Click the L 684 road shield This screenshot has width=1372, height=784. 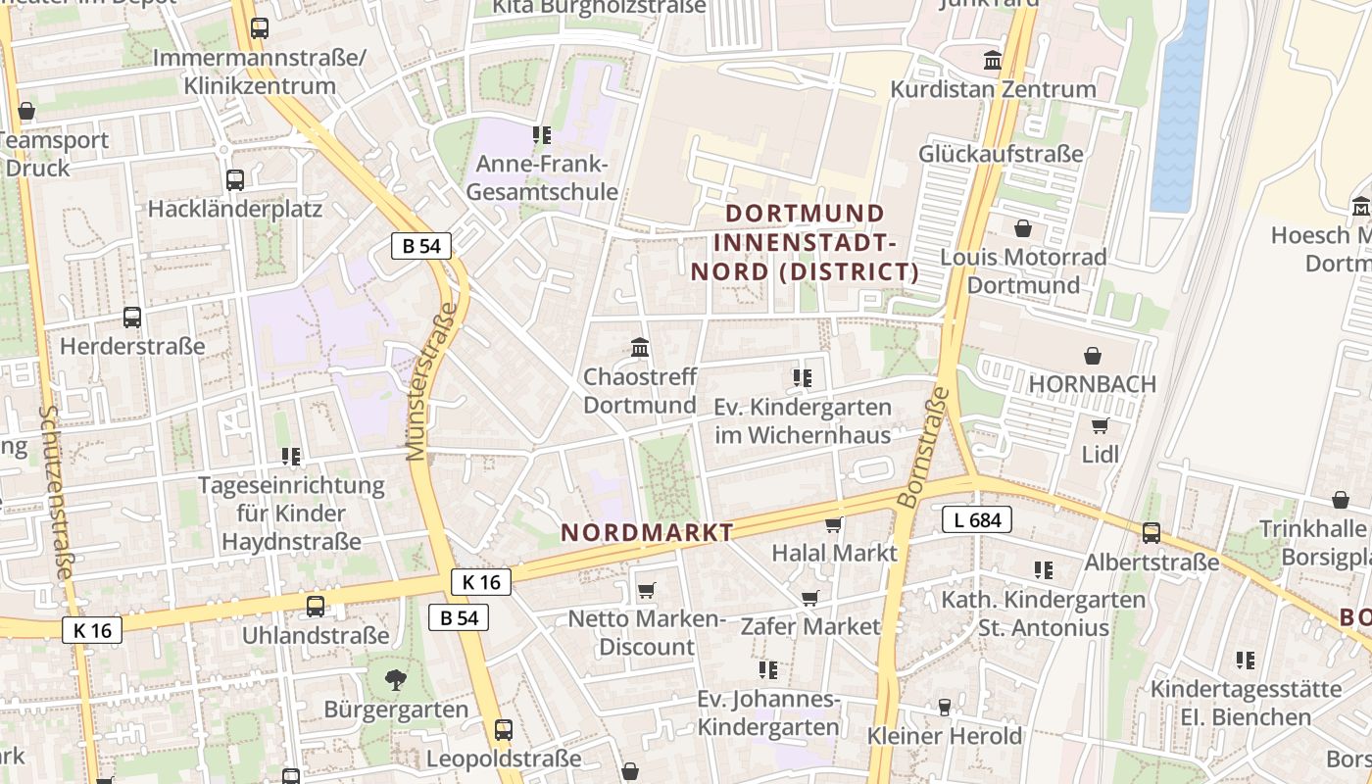pos(977,520)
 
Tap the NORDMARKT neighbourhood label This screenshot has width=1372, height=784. pos(647,533)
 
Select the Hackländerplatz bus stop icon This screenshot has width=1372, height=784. pos(235,180)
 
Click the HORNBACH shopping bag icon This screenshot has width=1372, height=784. pos(1093,356)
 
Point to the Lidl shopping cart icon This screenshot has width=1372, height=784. pos(1100,425)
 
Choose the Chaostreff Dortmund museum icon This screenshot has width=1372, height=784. pos(641,347)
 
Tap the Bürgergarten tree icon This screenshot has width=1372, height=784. pos(396,679)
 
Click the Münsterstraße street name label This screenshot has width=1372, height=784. pos(432,382)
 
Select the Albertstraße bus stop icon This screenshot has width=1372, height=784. pos(1151,533)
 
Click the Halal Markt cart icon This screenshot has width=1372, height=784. pos(834,524)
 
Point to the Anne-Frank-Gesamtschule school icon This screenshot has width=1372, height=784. pos(541,135)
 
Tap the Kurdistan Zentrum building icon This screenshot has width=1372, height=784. pos(993,61)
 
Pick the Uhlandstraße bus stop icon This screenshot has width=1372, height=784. pos(316,607)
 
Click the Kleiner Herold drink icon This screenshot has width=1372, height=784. pos(945,707)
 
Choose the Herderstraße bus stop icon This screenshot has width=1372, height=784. pos(132,318)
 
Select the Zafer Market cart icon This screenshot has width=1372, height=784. pos(809,598)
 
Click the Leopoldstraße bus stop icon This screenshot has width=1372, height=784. pos(504,730)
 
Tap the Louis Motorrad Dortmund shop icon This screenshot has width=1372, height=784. pos(1023,228)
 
